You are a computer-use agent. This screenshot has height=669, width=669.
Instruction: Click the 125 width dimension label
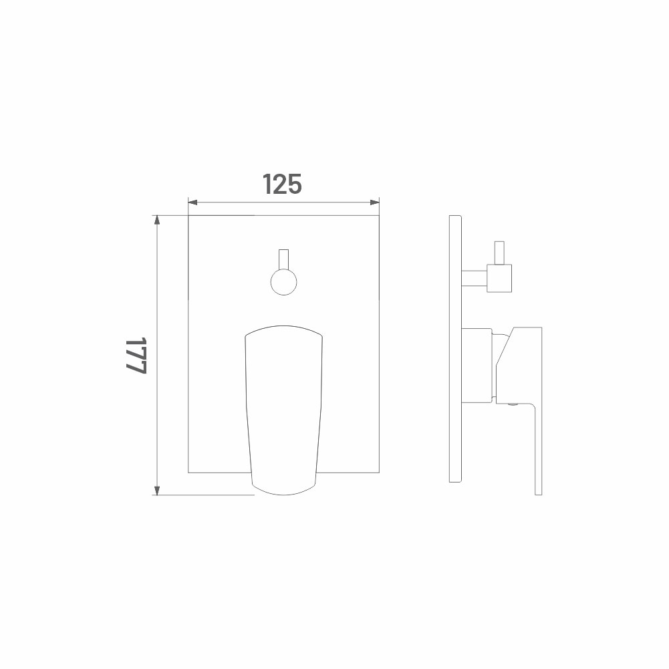pos(282,184)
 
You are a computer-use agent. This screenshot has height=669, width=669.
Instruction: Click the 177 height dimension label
pos(136,356)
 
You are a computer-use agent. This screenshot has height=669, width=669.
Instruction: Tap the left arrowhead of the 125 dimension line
pos(193,203)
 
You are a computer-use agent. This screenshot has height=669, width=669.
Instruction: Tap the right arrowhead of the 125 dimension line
pos(374,203)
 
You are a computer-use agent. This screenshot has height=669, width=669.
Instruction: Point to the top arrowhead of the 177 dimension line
pos(157,221)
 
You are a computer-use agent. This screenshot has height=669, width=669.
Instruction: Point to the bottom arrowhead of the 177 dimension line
pos(157,490)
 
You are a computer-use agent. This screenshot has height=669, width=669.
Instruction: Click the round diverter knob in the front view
pos(284,282)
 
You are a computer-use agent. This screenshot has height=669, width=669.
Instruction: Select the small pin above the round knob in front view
pos(284,259)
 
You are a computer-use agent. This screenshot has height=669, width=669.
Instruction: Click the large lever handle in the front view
pos(284,410)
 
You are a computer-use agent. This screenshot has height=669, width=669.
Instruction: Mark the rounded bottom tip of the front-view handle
pos(284,494)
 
